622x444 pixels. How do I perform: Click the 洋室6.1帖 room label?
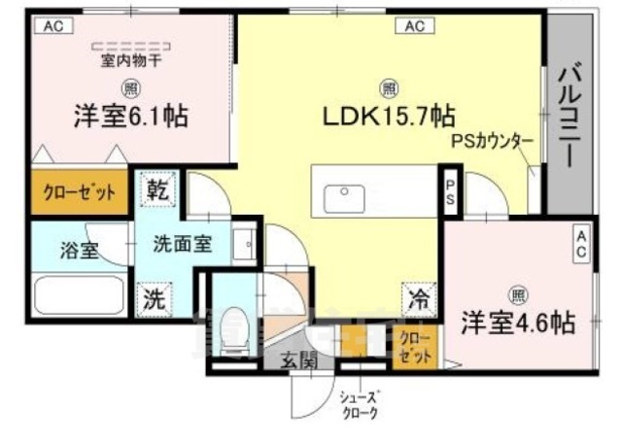click(129, 119)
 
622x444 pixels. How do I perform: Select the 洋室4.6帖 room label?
click(517, 322)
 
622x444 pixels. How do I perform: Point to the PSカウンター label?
click(492, 141)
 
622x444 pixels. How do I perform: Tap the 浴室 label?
click(78, 250)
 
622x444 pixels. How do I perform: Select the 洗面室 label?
click(183, 244)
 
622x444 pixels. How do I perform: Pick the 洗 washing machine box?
click(155, 300)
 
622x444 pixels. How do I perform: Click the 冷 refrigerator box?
click(418, 300)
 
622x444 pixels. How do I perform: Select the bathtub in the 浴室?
click(78, 294)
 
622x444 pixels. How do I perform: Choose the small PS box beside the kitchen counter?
click(450, 191)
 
